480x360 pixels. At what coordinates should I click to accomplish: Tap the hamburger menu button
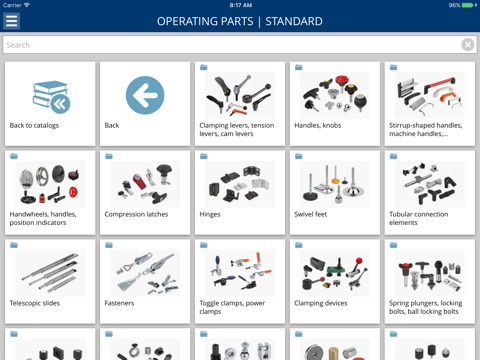pos(11,21)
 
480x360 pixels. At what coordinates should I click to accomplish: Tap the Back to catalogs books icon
pos(51,97)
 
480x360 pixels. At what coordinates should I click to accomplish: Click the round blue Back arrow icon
pos(145,95)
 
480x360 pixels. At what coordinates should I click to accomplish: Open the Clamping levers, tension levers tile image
pos(240,95)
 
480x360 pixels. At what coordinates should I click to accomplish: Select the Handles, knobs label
pos(318,125)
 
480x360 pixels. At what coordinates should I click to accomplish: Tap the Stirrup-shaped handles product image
pos(430,95)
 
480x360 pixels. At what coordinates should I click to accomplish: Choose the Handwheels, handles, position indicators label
pos(43,218)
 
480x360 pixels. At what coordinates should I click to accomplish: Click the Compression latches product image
pos(145,184)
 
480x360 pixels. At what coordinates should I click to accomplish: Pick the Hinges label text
pos(210,214)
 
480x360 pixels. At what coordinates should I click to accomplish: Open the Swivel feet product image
pos(335,184)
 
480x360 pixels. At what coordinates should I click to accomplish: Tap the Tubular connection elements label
pos(418,218)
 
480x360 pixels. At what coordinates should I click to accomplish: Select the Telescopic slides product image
pos(50,273)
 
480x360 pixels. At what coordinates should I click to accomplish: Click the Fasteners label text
pos(119,303)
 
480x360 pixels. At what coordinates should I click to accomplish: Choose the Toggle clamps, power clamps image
pos(240,273)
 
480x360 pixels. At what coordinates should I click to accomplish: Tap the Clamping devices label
pos(321,303)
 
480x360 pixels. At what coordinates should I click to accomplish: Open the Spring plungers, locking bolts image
pos(430,273)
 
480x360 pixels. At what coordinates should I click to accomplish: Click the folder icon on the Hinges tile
pos(204,156)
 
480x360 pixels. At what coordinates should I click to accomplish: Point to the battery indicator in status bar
pos(468,5)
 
